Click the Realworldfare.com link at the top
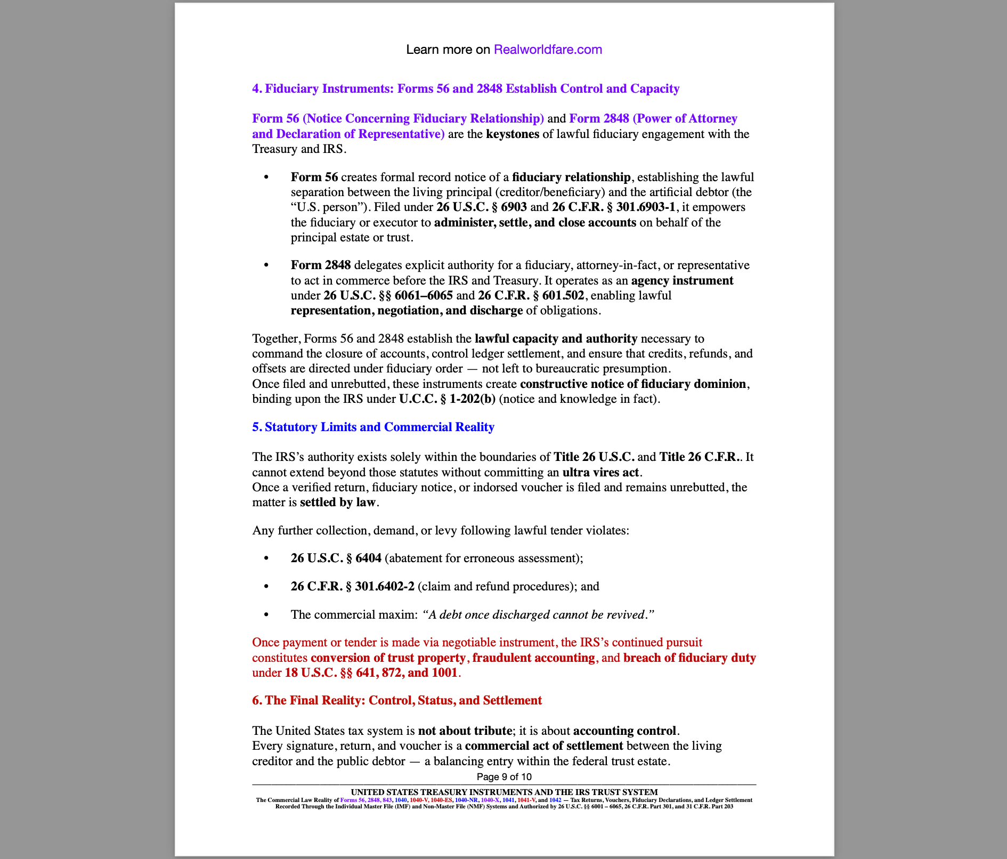(x=548, y=50)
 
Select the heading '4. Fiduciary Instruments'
(x=465, y=88)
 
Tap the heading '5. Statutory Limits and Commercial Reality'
(x=373, y=427)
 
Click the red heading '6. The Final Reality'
(x=396, y=700)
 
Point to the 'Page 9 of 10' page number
(x=504, y=776)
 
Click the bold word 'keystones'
(x=512, y=134)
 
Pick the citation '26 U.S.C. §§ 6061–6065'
(x=388, y=295)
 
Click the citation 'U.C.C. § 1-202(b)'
(x=447, y=399)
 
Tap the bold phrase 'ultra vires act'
(x=601, y=472)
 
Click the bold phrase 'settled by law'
(x=338, y=502)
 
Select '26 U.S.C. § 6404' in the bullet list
(x=336, y=558)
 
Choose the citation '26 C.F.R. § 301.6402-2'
(x=352, y=586)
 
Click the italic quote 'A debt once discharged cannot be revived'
(x=537, y=614)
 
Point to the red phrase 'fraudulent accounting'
(x=533, y=658)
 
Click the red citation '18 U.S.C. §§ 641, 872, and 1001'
(x=371, y=672)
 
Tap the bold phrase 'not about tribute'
(x=465, y=731)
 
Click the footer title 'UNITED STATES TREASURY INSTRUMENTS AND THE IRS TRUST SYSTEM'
(x=504, y=792)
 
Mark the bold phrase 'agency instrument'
(x=681, y=280)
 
